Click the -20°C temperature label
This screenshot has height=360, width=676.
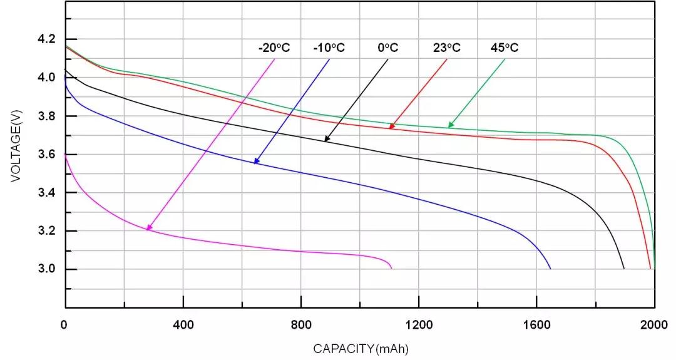[x=274, y=48]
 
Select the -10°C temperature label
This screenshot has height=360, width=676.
[x=329, y=48]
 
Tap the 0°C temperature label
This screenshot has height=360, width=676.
[x=388, y=48]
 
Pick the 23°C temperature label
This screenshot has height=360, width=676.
[x=447, y=48]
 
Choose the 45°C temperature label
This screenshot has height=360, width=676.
[x=504, y=48]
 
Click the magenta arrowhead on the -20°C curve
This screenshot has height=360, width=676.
[x=148, y=229]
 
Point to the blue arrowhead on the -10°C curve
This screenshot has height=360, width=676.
[x=255, y=162]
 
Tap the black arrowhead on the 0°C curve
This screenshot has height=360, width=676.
[x=326, y=139]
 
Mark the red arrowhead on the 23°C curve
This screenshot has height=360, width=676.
[x=391, y=127]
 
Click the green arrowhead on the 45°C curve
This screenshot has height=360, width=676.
[x=450, y=126]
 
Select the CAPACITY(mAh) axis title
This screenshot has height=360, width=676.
[x=361, y=348]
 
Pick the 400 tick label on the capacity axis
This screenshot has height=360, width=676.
[x=183, y=324]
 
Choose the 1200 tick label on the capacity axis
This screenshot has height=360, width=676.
[x=419, y=324]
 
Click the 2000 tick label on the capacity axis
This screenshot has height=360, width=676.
[x=654, y=324]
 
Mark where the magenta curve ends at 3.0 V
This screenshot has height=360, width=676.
[x=392, y=269]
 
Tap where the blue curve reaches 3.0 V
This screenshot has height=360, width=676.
[x=550, y=269]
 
